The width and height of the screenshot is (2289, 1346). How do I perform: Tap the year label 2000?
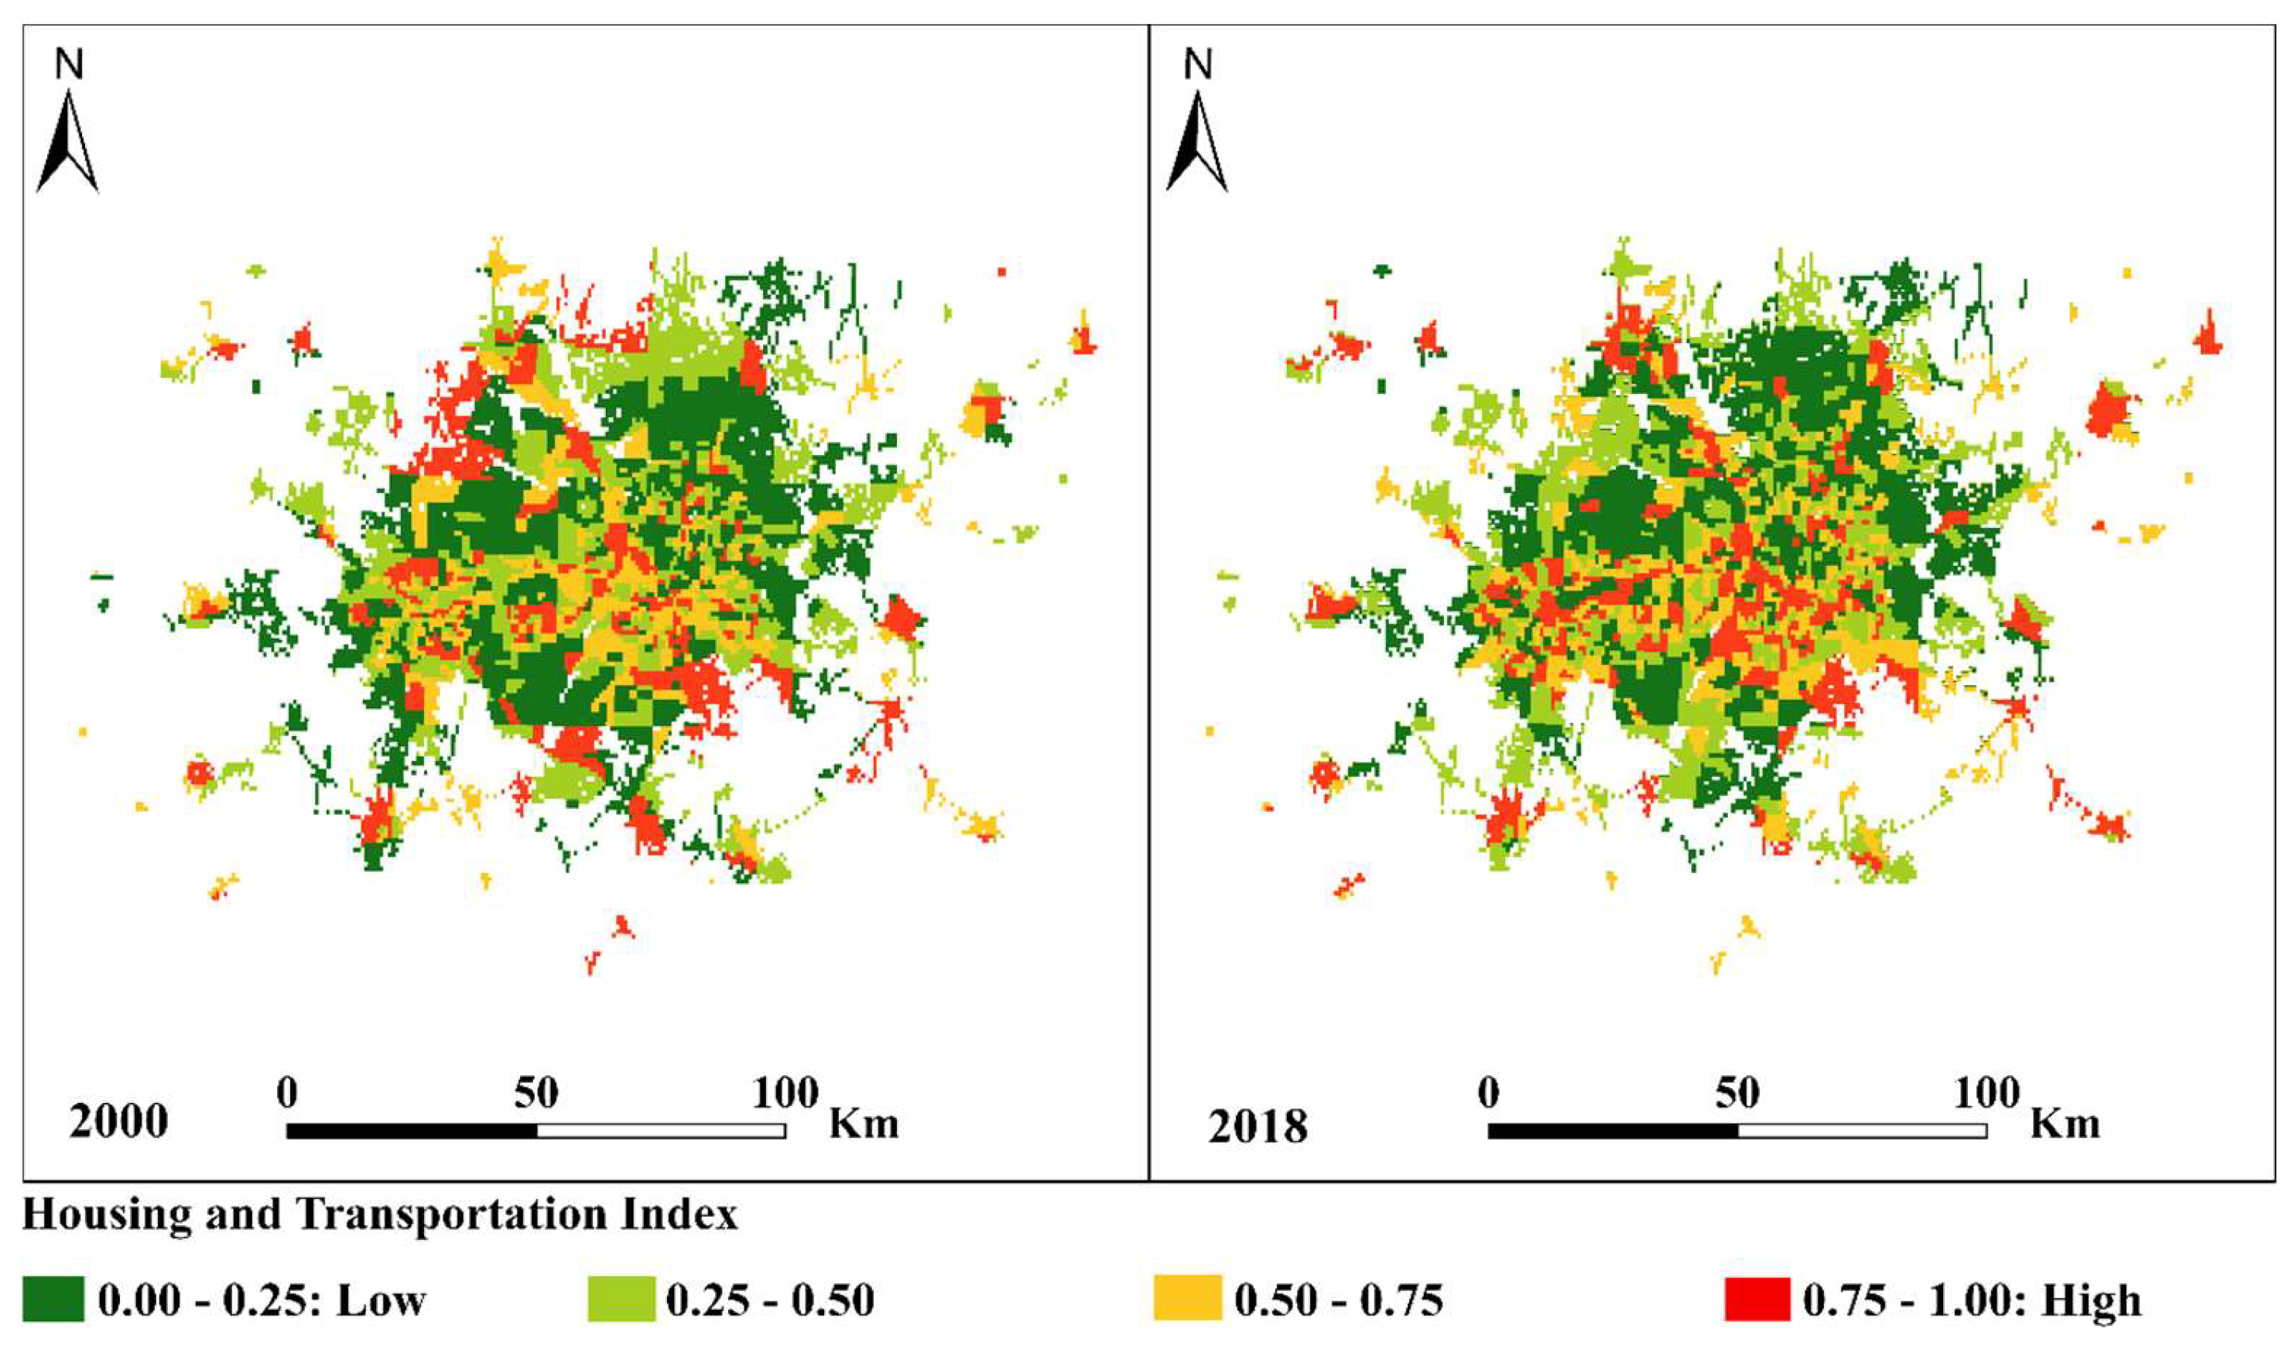[x=118, y=1122]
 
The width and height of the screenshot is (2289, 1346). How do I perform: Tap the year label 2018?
[x=1258, y=1126]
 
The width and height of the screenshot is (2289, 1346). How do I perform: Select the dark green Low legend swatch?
[x=53, y=1299]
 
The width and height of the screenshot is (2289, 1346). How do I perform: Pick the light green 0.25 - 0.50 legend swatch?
[x=621, y=1299]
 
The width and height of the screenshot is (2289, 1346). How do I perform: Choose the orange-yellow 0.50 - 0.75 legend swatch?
[x=1187, y=1299]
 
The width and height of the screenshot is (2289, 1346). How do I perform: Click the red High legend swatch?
[x=1757, y=1299]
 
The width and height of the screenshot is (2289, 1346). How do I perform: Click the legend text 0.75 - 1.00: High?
[x=1971, y=1300]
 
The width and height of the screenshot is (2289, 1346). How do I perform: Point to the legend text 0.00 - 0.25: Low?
[x=262, y=1300]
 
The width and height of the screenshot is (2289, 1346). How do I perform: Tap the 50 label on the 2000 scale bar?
[x=536, y=1094]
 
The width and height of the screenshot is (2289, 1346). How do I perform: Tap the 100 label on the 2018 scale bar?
[x=1986, y=1094]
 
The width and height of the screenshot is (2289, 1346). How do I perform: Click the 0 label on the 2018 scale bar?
[x=1488, y=1094]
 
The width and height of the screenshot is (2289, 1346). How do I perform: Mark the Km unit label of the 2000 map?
[x=863, y=1125]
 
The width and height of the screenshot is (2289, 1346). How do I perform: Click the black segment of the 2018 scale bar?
[x=1613, y=1131]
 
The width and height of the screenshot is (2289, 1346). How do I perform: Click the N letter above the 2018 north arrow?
[x=1198, y=64]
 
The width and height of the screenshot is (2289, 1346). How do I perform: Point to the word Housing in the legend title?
[x=108, y=1215]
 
